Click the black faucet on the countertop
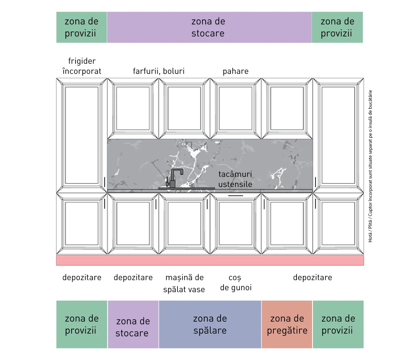click(173, 179)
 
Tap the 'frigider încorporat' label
click(82, 66)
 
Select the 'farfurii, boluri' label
click(159, 71)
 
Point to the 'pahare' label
click(236, 71)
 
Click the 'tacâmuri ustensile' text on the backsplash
click(235, 179)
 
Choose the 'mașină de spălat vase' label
click(184, 283)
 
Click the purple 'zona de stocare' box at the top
click(209, 27)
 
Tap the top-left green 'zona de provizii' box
click(81, 27)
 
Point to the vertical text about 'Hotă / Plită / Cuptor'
click(370, 166)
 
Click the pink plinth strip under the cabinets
click(210, 260)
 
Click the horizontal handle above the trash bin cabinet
click(236, 196)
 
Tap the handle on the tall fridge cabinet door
click(105, 182)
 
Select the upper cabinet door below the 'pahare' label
click(236, 109)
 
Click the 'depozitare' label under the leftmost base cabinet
click(82, 278)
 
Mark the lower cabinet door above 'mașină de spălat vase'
click(184, 223)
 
